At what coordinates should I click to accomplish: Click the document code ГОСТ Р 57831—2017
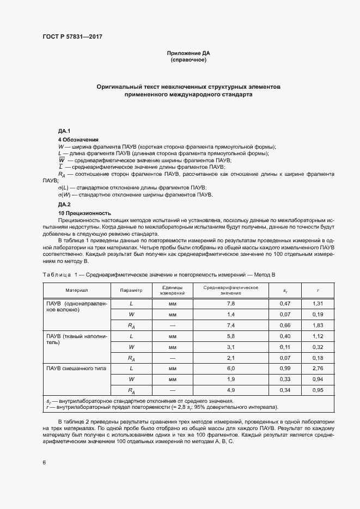pos(72,36)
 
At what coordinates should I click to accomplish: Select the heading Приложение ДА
pos(188,53)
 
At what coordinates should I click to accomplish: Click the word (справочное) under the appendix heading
pos(188,60)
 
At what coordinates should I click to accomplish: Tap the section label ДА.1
pos(65,132)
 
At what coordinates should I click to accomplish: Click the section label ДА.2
pos(65,204)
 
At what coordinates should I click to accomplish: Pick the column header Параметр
pos(131,291)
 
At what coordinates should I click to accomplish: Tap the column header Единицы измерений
pos(173,290)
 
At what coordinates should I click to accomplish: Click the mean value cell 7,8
pos(231,304)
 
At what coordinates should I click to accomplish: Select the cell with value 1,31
pos(319,304)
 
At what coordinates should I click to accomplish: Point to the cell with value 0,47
pos(285,304)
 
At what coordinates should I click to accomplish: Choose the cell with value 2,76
pos(319,369)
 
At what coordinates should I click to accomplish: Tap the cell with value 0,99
pos(285,369)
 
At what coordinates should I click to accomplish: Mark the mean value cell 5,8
pos(231,336)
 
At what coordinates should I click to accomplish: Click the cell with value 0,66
pos(285,326)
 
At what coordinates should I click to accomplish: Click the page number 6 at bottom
pos(44,463)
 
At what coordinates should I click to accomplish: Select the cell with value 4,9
pos(231,390)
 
